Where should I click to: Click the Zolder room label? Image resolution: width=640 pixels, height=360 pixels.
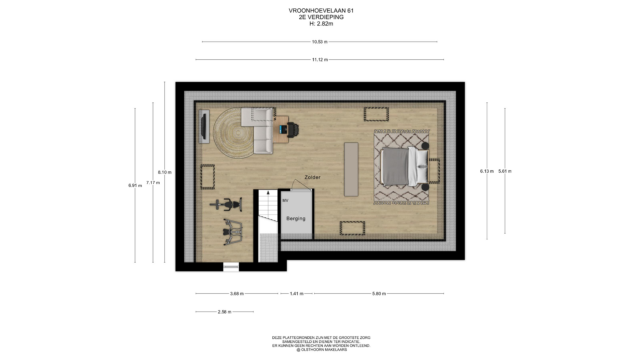pyautogui.click(x=312, y=177)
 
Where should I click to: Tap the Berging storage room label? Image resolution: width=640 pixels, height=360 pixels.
pyautogui.click(x=296, y=219)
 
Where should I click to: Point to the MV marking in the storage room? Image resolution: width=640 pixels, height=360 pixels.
pyautogui.click(x=285, y=201)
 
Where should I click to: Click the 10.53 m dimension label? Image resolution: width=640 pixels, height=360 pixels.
pyautogui.click(x=320, y=42)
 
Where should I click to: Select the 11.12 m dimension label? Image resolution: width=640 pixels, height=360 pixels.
pyautogui.click(x=320, y=60)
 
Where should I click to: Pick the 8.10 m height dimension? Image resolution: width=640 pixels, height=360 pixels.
pyautogui.click(x=165, y=172)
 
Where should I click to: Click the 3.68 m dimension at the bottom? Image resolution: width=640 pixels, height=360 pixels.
pyautogui.click(x=237, y=294)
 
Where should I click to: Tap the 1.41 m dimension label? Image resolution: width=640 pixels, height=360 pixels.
pyautogui.click(x=297, y=294)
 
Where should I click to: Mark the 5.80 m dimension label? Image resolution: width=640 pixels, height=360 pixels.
pyautogui.click(x=379, y=294)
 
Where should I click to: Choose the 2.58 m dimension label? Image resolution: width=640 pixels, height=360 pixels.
pyautogui.click(x=224, y=312)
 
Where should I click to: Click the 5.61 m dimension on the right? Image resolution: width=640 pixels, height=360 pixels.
pyautogui.click(x=505, y=171)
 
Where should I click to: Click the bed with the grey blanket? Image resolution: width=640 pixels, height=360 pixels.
pyautogui.click(x=404, y=167)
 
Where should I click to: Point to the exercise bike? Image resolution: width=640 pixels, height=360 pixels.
pyautogui.click(x=226, y=204)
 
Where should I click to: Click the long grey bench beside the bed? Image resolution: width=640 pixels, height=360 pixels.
pyautogui.click(x=351, y=169)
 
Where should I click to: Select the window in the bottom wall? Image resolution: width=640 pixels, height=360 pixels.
pyautogui.click(x=231, y=266)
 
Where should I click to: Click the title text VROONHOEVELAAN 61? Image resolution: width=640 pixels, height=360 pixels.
pyautogui.click(x=321, y=11)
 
